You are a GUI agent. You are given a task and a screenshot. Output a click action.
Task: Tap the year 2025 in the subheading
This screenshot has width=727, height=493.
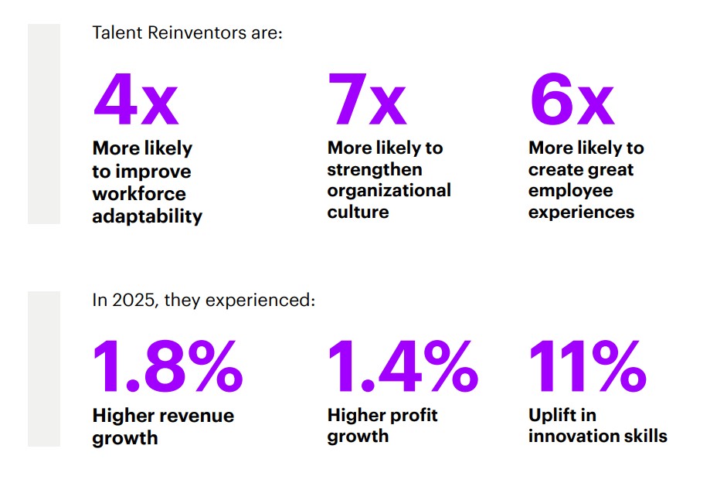tap(132, 300)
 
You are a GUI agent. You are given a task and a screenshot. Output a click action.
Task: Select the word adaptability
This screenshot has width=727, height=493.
tap(147, 216)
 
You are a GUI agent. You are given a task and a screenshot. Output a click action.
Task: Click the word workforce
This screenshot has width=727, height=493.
tap(139, 193)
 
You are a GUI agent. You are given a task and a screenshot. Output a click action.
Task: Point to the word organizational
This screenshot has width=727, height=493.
tap(389, 190)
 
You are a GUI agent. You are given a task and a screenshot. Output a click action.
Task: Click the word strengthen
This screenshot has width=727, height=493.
tap(375, 168)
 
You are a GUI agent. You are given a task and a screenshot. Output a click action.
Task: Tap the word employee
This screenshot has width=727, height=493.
tap(570, 190)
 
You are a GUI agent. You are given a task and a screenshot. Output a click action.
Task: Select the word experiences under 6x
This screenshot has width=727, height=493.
tap(581, 212)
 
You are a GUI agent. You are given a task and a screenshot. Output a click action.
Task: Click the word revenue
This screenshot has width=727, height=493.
tap(196, 416)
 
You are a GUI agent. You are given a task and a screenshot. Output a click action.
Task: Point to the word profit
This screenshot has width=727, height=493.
tap(411, 415)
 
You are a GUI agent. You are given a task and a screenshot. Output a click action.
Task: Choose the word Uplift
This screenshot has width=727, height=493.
tap(552, 415)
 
